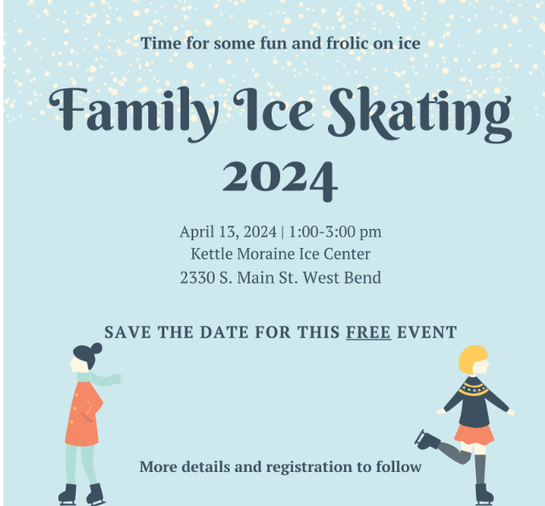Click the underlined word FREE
[x=369, y=332]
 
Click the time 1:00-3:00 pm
[x=335, y=232]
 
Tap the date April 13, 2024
[x=228, y=232]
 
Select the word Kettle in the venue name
[x=212, y=254]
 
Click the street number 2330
[x=198, y=278]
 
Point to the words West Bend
[x=342, y=278]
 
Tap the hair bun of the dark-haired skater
[x=96, y=348]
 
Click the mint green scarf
[x=100, y=378]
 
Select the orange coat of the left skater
[x=83, y=414]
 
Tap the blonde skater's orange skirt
[x=473, y=434]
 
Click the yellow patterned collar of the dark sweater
[x=473, y=388]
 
